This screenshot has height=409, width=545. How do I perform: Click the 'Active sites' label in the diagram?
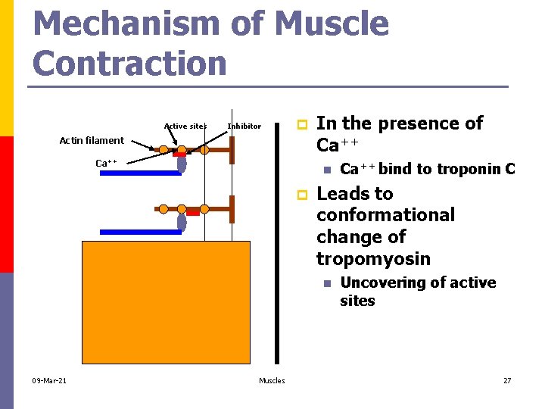[x=185, y=126]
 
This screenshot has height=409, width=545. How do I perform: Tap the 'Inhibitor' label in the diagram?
[x=244, y=126]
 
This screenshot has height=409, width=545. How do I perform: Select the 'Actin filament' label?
[x=92, y=140]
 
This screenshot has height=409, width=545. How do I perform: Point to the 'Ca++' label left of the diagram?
[x=106, y=163]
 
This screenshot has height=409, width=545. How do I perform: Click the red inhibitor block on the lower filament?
[x=193, y=212]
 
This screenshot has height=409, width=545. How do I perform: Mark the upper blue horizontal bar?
[x=140, y=173]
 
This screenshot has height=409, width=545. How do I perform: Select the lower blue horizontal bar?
[x=140, y=232]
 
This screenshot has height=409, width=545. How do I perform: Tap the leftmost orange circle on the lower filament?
[x=163, y=209]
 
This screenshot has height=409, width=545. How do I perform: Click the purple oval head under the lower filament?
[x=182, y=222]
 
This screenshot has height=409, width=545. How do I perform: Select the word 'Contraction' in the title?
[x=130, y=63]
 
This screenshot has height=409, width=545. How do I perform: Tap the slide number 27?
[x=507, y=380]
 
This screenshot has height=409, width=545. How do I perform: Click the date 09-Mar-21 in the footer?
[x=49, y=380]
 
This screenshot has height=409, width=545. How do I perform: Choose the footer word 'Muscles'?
[x=272, y=380]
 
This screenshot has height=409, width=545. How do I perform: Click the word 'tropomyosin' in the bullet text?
[x=373, y=259]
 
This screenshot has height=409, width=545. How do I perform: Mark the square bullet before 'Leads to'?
[x=302, y=195]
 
